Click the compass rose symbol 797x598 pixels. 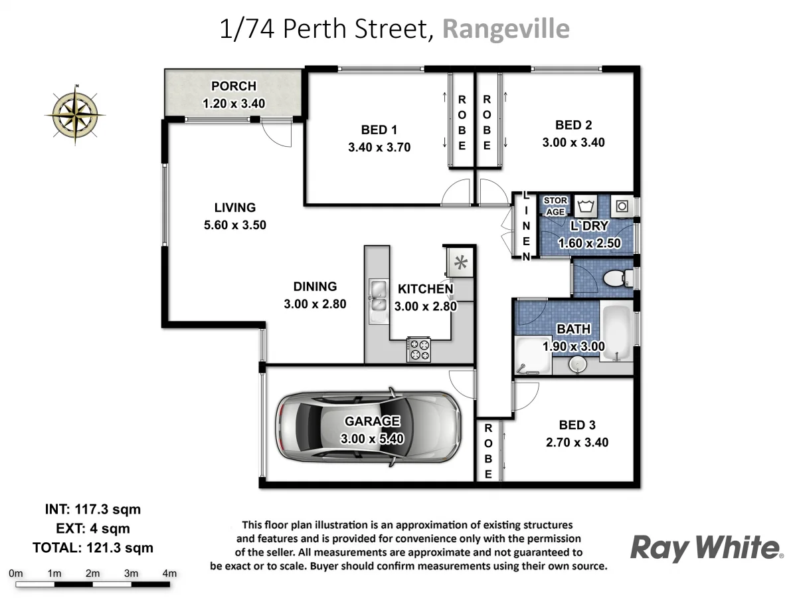pyautogui.click(x=76, y=114)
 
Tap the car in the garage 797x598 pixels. pyautogui.click(x=369, y=425)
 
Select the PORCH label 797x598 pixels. pyautogui.click(x=233, y=86)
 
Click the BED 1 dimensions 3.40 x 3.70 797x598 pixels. pyautogui.click(x=379, y=148)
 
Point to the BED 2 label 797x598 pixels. pyautogui.click(x=573, y=125)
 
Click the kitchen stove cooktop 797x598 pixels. pyautogui.click(x=418, y=349)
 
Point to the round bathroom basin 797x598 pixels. pyautogui.click(x=577, y=365)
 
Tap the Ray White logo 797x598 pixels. pyautogui.click(x=705, y=548)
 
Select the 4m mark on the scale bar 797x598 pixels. pyautogui.click(x=169, y=573)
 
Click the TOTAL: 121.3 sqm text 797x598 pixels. pyautogui.click(x=92, y=548)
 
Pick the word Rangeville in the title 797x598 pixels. pyautogui.click(x=505, y=29)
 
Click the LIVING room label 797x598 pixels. pyautogui.click(x=234, y=207)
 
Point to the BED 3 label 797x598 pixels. pyautogui.click(x=576, y=425)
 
